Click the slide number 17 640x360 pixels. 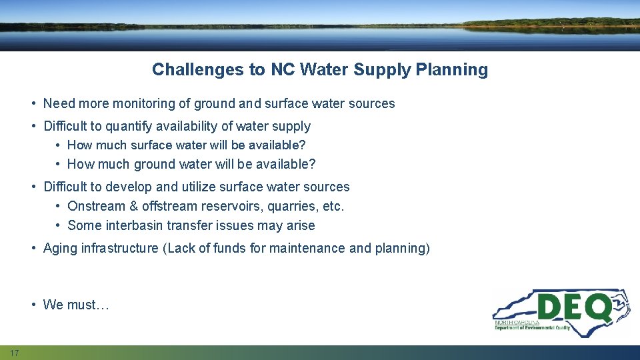coord(14,352)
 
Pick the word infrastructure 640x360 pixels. coord(120,249)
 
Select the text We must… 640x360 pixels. coord(75,305)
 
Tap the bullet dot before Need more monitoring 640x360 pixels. coord(33,104)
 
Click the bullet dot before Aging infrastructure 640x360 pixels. coord(33,249)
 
